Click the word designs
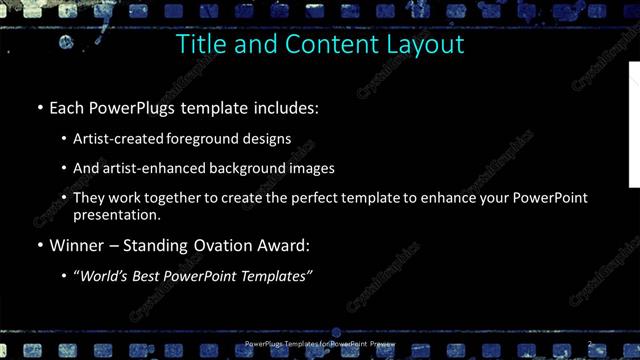(x=269, y=138)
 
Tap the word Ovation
(x=229, y=245)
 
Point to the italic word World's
(x=103, y=276)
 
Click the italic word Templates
(x=276, y=276)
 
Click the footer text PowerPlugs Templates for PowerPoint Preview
(x=319, y=344)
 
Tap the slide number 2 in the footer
(x=590, y=344)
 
